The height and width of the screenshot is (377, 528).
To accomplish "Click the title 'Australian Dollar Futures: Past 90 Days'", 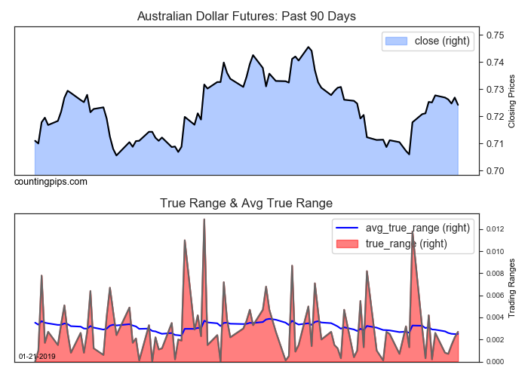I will (x=246, y=16).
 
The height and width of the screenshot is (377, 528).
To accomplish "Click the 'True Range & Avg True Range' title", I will (x=246, y=203).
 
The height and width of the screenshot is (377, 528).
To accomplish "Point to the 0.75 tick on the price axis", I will (x=495, y=35).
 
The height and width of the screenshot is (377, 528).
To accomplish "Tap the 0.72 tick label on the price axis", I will (x=495, y=116).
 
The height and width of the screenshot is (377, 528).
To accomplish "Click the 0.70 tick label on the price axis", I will (x=495, y=170).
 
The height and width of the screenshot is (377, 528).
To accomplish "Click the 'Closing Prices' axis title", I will (x=512, y=100).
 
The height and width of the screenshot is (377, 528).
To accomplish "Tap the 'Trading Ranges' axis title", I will (x=512, y=287).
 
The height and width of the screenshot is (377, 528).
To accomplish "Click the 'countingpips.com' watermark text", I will (x=51, y=182).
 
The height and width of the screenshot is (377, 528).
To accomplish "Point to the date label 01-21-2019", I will (x=36, y=356).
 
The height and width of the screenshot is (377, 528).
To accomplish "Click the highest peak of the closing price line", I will (x=309, y=48).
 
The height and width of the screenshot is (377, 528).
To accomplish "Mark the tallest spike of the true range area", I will (x=204, y=219).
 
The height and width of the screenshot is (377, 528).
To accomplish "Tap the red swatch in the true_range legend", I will (x=348, y=243).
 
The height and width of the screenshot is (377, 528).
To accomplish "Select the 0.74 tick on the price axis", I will (x=495, y=62).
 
